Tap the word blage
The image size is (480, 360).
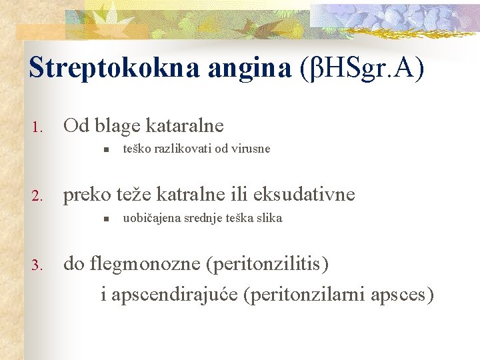tap(117, 125)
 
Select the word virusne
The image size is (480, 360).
tap(247, 149)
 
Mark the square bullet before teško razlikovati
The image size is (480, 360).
tap(106, 149)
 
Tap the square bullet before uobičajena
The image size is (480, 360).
tap(106, 219)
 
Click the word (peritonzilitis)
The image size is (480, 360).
tap(268, 265)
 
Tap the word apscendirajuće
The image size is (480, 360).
tap(175, 294)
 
